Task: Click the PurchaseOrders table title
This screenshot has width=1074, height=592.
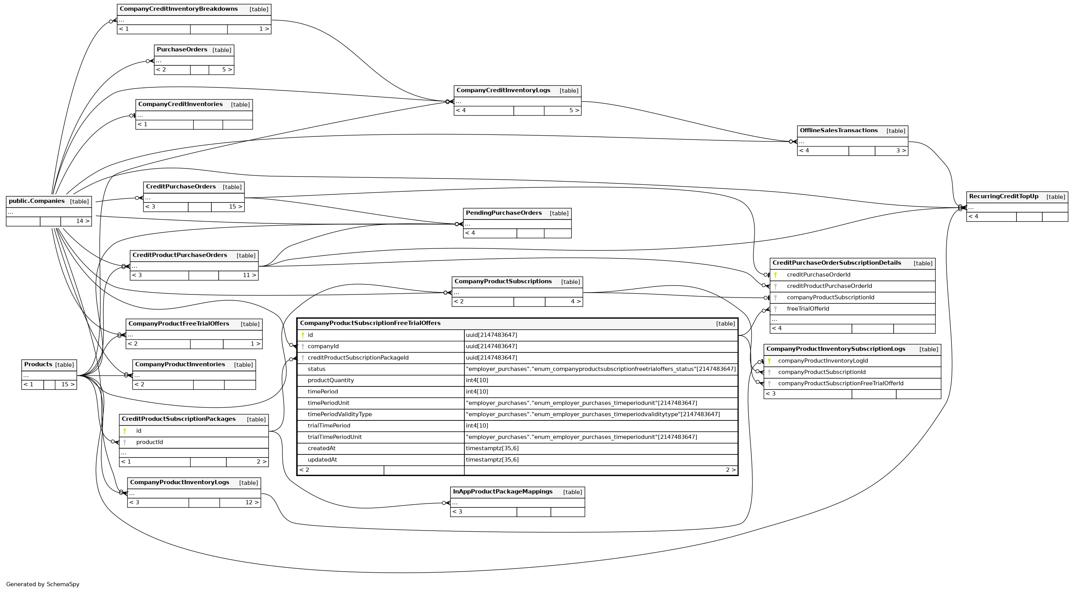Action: pyautogui.click(x=182, y=49)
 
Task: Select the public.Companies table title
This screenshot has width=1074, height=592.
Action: pyautogui.click(x=37, y=201)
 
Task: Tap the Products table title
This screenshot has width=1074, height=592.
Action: pyautogui.click(x=38, y=365)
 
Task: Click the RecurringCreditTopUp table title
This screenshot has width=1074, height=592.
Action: pyautogui.click(x=1004, y=197)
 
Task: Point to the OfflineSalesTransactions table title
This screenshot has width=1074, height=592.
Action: pyautogui.click(x=838, y=131)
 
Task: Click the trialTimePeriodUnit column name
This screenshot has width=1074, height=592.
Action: pyautogui.click(x=335, y=437)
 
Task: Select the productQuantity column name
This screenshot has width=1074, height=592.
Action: pyautogui.click(x=331, y=381)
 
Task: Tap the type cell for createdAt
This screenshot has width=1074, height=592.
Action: pyautogui.click(x=492, y=449)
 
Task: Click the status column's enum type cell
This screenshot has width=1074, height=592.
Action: pyautogui.click(x=600, y=369)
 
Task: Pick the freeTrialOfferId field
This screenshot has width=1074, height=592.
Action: pyautogui.click(x=807, y=309)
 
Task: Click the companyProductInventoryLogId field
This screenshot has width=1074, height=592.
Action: pyautogui.click(x=822, y=361)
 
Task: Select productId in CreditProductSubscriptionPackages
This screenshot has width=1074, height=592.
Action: pyautogui.click(x=149, y=442)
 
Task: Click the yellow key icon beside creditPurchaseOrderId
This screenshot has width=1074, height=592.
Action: pyautogui.click(x=775, y=275)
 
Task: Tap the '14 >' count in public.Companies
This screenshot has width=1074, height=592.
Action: pyautogui.click(x=83, y=221)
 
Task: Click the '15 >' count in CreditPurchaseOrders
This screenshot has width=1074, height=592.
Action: pyautogui.click(x=235, y=207)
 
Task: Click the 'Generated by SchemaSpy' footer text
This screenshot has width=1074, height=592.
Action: pyautogui.click(x=42, y=585)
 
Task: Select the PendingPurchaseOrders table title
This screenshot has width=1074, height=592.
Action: pyautogui.click(x=504, y=213)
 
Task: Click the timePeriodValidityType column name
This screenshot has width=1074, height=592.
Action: pyautogui.click(x=339, y=414)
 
